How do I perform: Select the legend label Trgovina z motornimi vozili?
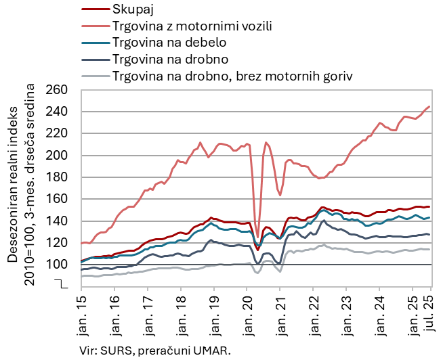pos(192,26)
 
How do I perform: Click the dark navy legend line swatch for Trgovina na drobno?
pos(95,59)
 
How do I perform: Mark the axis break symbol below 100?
pos(65,283)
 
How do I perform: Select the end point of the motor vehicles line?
pos(429,106)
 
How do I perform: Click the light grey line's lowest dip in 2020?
pos(257,273)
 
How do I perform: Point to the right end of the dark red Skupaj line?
pos(429,206)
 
